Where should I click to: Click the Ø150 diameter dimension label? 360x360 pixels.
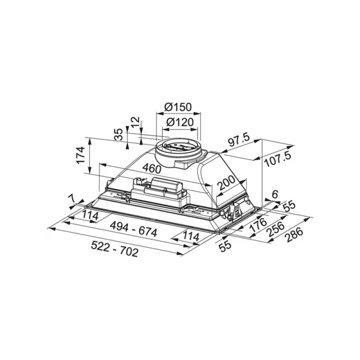[x=178, y=107]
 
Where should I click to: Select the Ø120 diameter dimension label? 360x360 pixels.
[x=180, y=122]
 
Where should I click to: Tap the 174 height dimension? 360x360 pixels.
[x=81, y=155]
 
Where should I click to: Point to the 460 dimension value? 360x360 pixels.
[x=152, y=169]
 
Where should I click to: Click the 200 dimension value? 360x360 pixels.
[x=226, y=183]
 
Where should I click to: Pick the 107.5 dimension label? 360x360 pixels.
[x=278, y=159]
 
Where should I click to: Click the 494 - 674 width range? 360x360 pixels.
[x=134, y=229]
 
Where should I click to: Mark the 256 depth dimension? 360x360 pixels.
[x=276, y=229]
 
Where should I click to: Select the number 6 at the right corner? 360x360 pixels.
[x=274, y=194]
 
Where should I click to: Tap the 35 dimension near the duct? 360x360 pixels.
[x=119, y=134]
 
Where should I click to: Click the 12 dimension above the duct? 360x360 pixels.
[x=135, y=122]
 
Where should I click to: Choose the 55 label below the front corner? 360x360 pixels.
[x=225, y=247]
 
